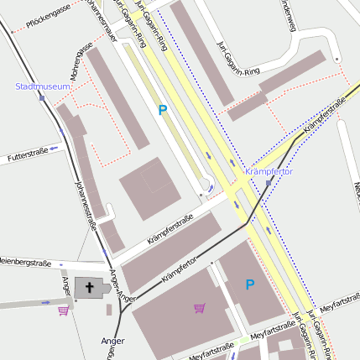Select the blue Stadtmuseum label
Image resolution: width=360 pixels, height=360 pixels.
43,86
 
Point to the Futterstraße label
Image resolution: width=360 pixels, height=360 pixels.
27,154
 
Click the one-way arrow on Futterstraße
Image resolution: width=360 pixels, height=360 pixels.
53,148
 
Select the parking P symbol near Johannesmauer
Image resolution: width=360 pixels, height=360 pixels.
162,110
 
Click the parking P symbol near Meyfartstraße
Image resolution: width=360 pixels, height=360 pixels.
249,285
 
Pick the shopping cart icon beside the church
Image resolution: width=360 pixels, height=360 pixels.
64,310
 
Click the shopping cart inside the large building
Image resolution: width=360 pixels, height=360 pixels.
199,308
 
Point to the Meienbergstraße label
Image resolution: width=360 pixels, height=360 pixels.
25,263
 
